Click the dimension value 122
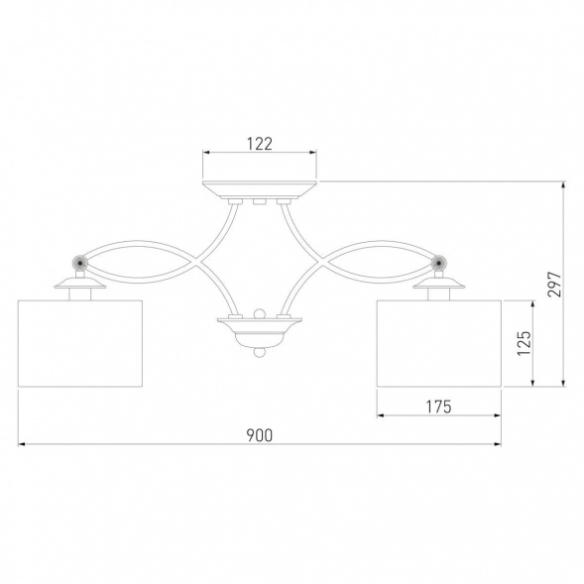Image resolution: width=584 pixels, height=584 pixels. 260,144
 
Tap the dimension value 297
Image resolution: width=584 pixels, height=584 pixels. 554,284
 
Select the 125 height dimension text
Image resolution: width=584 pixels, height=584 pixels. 525,343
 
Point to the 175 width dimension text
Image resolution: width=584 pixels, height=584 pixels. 438,407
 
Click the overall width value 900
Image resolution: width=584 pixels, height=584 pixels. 260,435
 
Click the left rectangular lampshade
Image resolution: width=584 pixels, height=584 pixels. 80,343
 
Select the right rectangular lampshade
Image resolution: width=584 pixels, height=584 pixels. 439,343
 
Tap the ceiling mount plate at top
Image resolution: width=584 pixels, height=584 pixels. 260,189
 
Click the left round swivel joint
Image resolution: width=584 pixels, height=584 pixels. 79,263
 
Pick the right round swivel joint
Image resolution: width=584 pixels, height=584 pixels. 440,263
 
